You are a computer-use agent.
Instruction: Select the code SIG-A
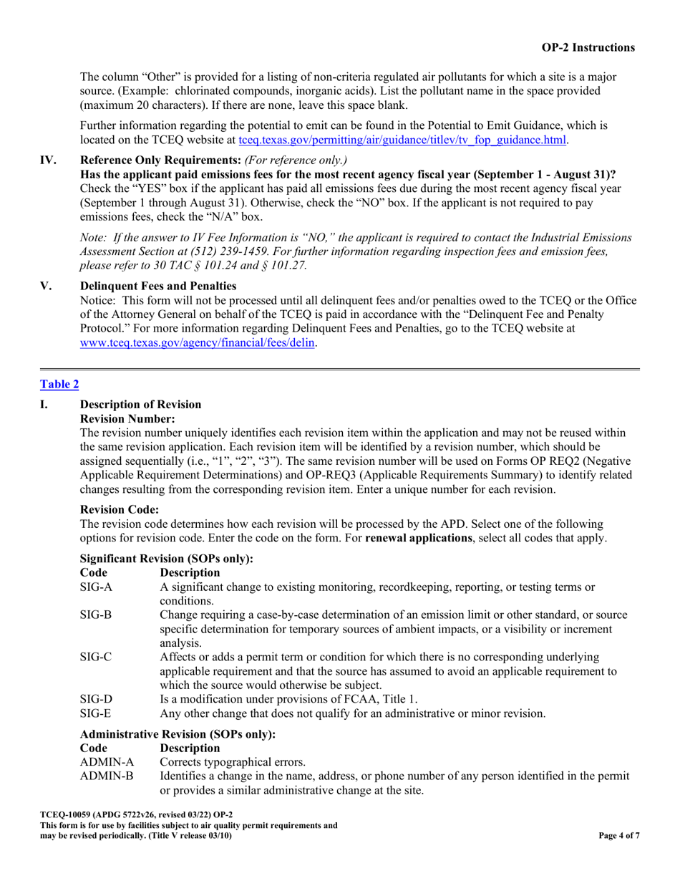coord(97,587)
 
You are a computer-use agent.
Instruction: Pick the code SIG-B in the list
coord(97,615)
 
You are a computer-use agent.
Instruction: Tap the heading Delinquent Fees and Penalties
coord(158,286)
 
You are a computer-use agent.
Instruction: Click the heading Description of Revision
coord(141,404)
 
